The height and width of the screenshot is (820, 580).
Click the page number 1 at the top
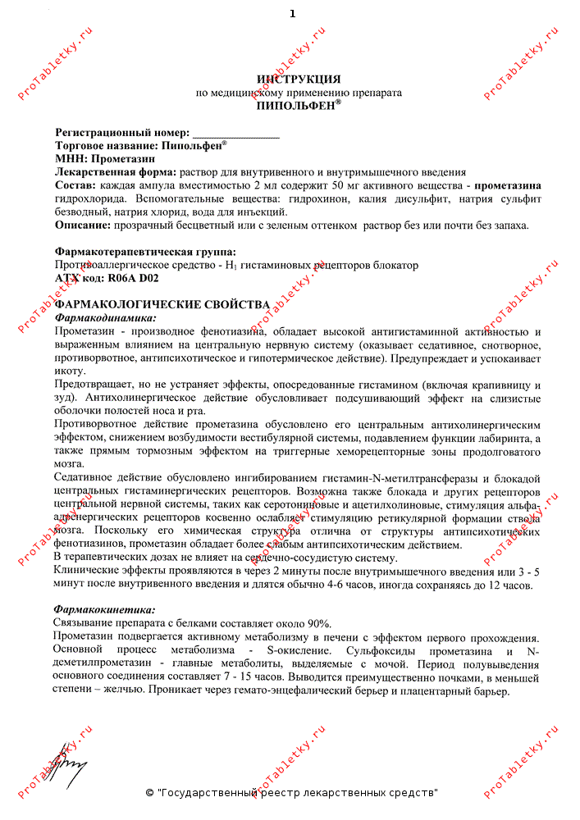293,14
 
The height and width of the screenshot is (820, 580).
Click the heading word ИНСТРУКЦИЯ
299,80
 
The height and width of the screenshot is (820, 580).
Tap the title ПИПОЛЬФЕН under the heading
296,106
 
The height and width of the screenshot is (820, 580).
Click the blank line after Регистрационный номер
235,133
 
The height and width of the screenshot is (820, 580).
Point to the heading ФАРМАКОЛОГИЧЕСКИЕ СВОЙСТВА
162,304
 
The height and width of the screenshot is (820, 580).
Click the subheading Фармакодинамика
105,317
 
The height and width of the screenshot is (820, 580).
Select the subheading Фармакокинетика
104,610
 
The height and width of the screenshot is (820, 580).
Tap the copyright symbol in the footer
149,794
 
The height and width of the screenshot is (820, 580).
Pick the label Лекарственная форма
116,172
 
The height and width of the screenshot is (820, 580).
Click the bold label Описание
82,225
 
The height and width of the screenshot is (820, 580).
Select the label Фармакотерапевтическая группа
145,251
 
